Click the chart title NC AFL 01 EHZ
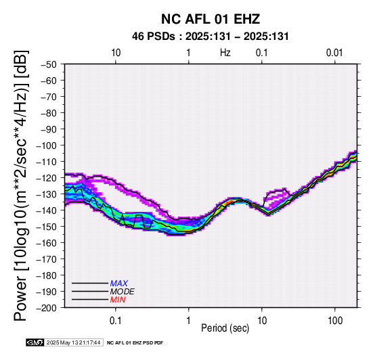[211, 19]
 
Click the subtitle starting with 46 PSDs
[211, 37]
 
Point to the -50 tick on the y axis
[49, 64]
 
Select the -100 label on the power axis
[47, 145]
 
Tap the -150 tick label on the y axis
[47, 227]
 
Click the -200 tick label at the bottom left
[47, 308]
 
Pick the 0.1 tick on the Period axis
[116, 321]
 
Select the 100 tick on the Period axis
[335, 321]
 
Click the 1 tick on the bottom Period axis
[188, 321]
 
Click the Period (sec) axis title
[225, 328]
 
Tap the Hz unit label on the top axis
[225, 53]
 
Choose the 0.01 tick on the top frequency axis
[334, 53]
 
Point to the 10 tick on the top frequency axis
[116, 53]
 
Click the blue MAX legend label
[119, 284]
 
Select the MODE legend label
[123, 292]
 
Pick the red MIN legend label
[118, 300]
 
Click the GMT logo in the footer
[35, 342]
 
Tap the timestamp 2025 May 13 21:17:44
[73, 342]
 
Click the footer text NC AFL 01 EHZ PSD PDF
[135, 343]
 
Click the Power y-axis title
[20, 185]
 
